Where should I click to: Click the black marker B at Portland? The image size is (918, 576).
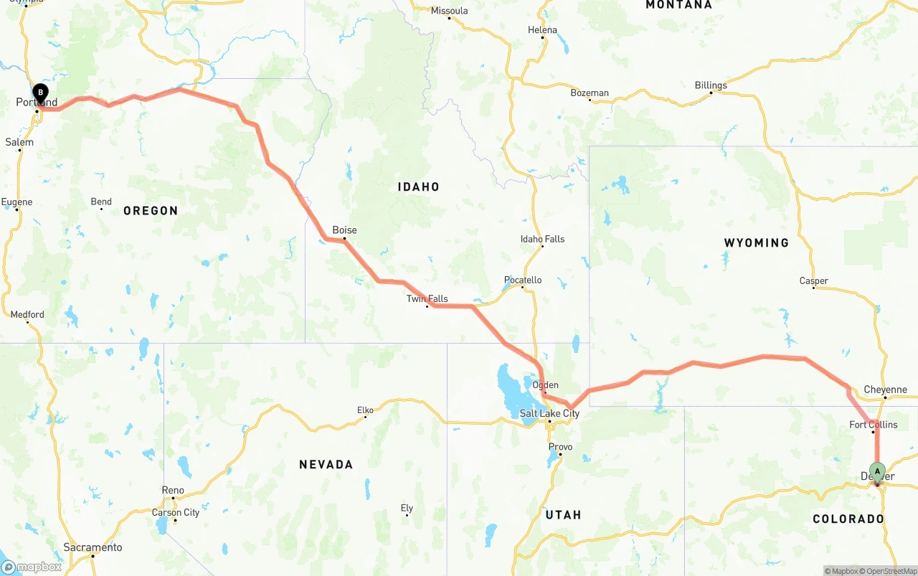(x=41, y=92)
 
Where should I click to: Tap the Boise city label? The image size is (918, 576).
(x=344, y=230)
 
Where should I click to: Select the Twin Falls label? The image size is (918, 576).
(x=427, y=298)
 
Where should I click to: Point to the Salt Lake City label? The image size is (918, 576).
(x=549, y=413)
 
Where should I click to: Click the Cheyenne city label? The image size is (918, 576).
(x=885, y=389)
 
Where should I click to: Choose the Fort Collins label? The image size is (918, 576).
(x=873, y=424)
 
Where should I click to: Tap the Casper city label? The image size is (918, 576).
(x=813, y=280)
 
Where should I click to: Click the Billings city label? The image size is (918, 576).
(x=710, y=85)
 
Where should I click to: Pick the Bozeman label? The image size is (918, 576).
(x=589, y=93)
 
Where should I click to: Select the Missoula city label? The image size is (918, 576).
(x=449, y=10)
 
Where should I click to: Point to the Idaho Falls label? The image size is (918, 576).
(x=542, y=239)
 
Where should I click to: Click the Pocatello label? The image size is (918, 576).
(x=522, y=280)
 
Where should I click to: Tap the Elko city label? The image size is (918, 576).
(x=365, y=410)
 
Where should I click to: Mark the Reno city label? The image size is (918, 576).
(x=172, y=490)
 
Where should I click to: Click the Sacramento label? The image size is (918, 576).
(x=93, y=547)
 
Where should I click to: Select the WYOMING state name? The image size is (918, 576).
(x=756, y=242)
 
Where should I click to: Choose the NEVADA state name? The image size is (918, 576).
(x=326, y=464)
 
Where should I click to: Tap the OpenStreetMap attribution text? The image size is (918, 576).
(x=890, y=571)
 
